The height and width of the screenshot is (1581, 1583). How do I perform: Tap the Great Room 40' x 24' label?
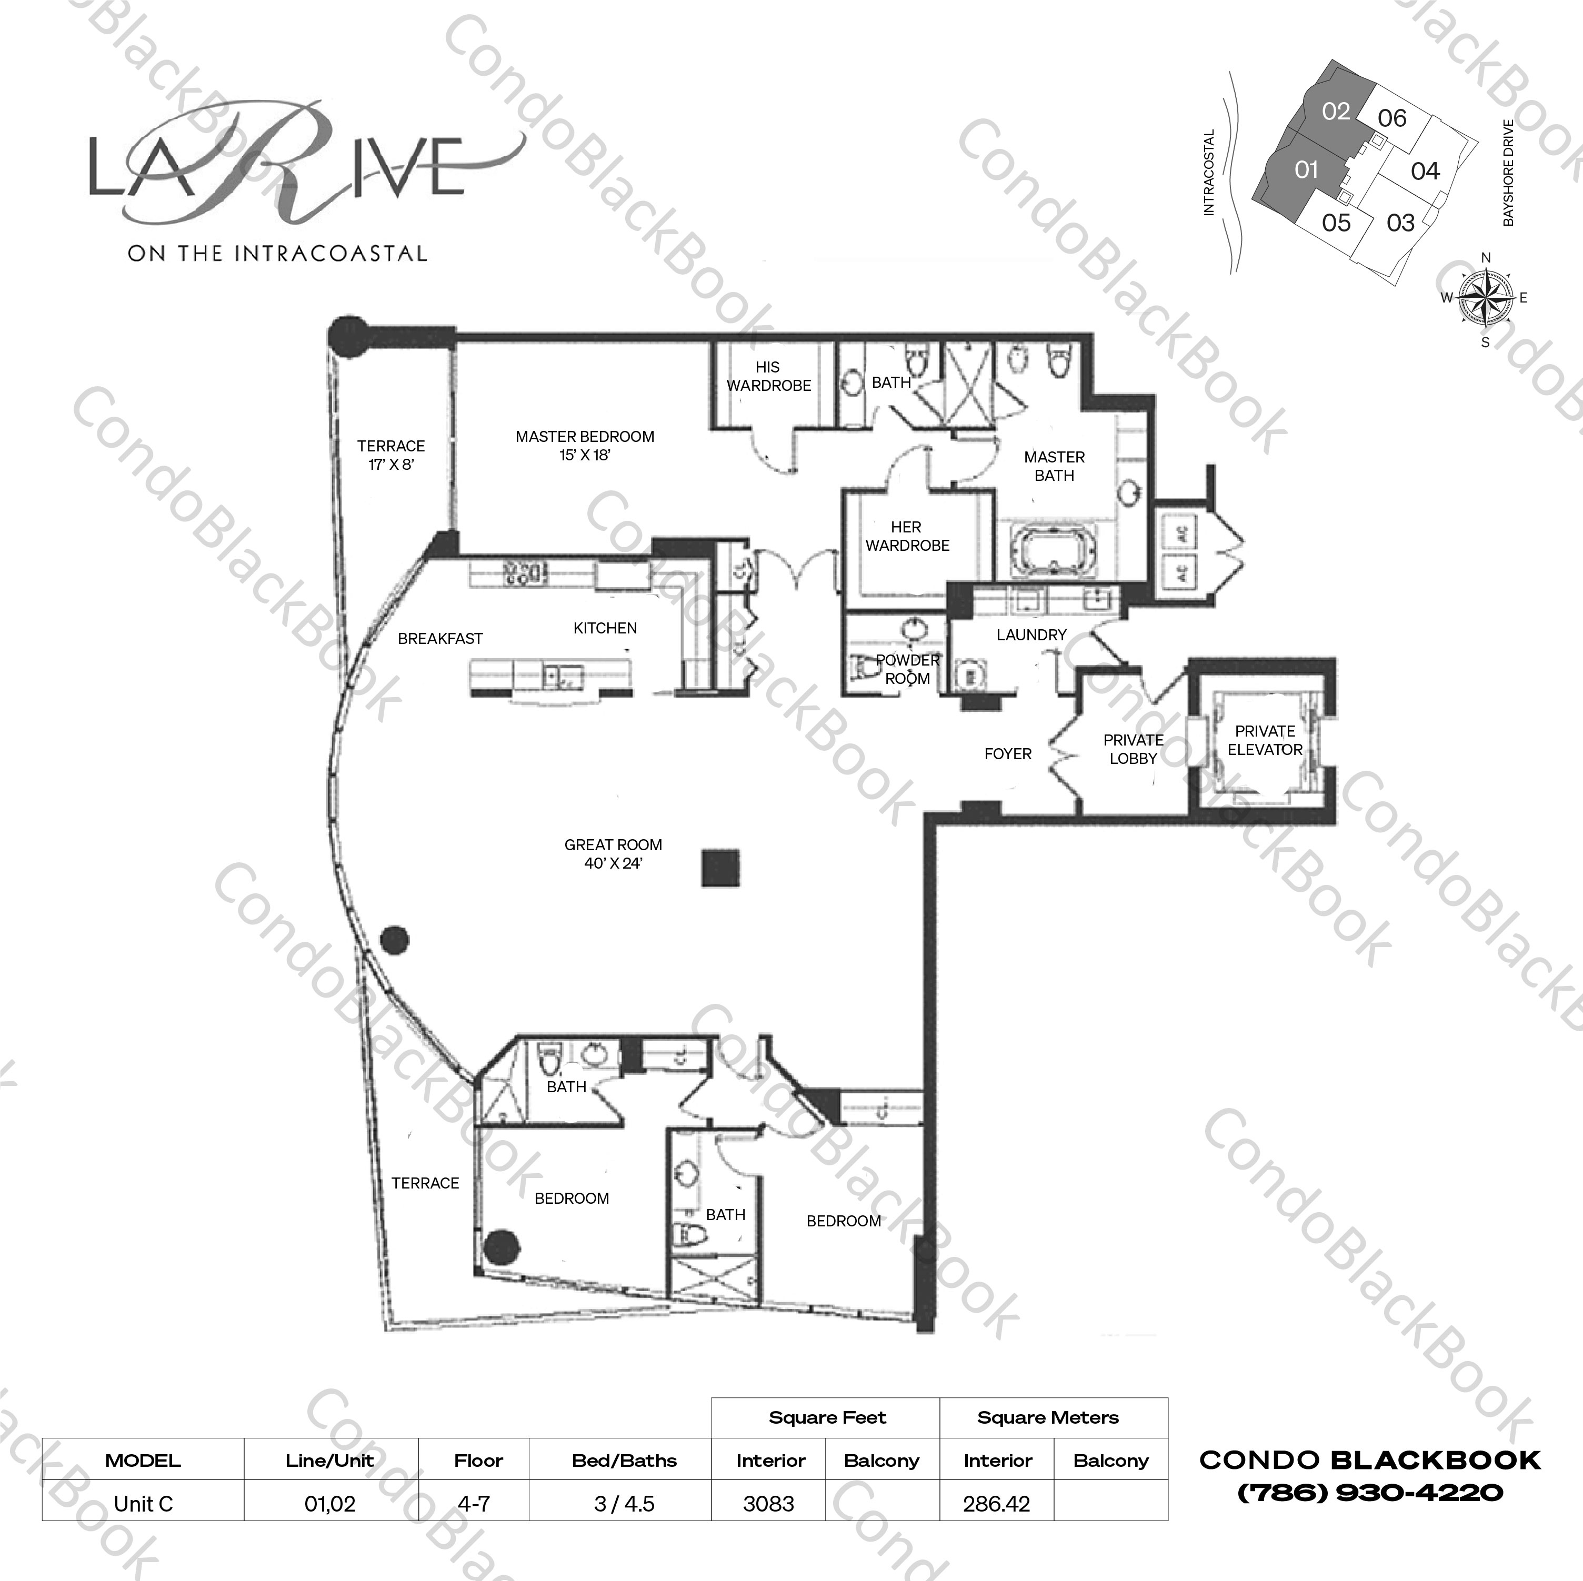coord(613,853)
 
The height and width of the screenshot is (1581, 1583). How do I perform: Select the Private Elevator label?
coord(1264,740)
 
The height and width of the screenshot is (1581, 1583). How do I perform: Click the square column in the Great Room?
coord(720,868)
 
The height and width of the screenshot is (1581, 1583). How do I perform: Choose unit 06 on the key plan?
coord(1391,119)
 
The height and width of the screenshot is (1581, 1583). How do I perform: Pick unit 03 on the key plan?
coord(1400,223)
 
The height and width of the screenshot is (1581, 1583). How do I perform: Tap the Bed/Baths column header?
coord(624,1461)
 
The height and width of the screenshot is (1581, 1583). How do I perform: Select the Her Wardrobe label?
coord(907,536)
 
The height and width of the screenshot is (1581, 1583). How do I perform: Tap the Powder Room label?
coord(907,669)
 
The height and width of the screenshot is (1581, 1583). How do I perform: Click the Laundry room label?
coord(1031,635)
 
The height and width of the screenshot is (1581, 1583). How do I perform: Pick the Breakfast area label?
coord(440,638)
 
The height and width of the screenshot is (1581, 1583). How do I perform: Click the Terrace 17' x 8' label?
coord(391,455)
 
